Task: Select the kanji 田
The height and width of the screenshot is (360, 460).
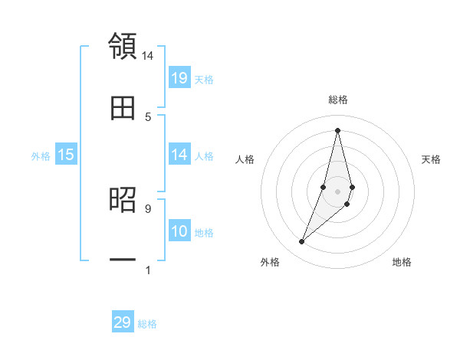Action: coord(123,108)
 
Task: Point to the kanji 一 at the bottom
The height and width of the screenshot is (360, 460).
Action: coord(123,260)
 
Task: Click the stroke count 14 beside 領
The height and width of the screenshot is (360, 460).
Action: coord(148,55)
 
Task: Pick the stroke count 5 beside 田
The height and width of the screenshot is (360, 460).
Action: coord(148,116)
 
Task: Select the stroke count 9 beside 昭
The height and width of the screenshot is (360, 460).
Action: coord(148,208)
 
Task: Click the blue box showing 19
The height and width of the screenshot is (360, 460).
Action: coord(179,77)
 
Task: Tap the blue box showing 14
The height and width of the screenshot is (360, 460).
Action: coord(179,155)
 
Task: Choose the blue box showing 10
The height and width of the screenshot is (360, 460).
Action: coord(179,231)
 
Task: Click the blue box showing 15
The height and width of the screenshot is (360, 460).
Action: coord(66,155)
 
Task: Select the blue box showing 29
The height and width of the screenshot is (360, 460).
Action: coord(123,322)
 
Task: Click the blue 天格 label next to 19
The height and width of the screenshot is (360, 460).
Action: coord(204,79)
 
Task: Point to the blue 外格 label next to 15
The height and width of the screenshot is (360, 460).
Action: coord(41,156)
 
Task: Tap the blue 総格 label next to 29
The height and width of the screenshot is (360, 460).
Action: coord(147,324)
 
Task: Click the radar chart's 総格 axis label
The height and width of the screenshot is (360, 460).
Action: coord(338,100)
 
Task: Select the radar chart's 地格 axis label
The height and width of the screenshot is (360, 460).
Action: coord(402,262)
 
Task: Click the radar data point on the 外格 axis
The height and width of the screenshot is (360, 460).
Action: coord(301,242)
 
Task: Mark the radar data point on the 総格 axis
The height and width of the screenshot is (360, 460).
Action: coord(337,130)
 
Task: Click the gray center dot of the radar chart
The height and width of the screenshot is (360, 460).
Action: coord(337,191)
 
